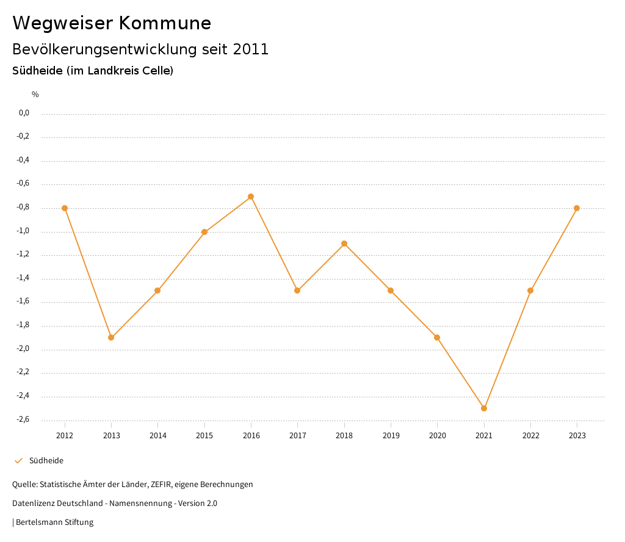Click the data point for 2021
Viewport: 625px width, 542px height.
(x=484, y=408)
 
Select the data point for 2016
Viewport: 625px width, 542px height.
(x=251, y=197)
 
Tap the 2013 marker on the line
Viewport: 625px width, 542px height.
(x=111, y=338)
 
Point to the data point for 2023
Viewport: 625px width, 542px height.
(x=577, y=208)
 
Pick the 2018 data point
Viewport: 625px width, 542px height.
(x=344, y=244)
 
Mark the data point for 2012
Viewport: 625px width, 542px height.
(x=65, y=208)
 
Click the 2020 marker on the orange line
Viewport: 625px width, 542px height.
(x=437, y=338)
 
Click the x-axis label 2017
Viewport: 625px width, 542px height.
(x=298, y=436)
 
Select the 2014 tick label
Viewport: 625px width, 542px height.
(x=158, y=436)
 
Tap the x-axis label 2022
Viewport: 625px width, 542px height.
(x=530, y=436)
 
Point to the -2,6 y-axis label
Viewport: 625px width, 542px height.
(x=24, y=419)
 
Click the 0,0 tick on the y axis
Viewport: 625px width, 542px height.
(x=24, y=113)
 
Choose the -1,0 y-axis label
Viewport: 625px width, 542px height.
(x=24, y=231)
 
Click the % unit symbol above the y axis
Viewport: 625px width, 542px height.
(x=35, y=95)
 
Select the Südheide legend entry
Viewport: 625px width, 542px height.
(x=46, y=461)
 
